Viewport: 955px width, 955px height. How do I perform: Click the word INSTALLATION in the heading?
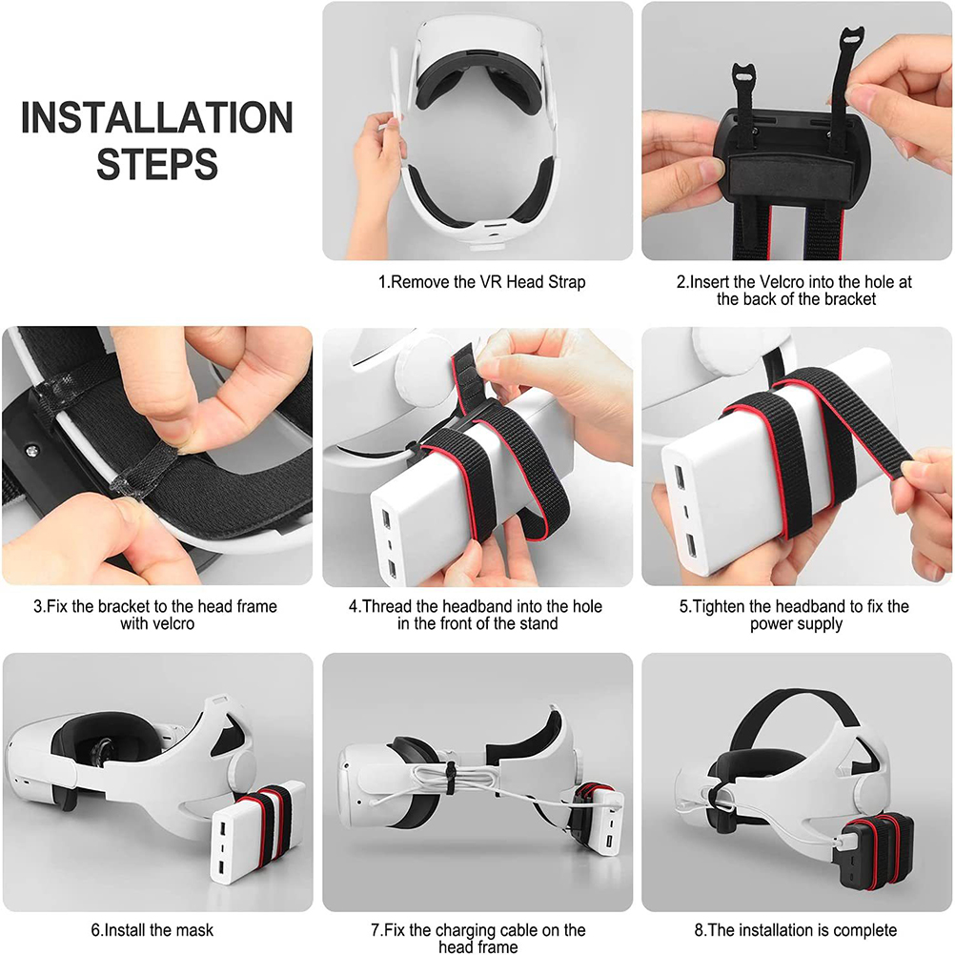tap(157, 117)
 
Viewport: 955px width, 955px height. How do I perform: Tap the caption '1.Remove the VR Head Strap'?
tap(481, 282)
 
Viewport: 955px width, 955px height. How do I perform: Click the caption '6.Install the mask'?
tap(152, 930)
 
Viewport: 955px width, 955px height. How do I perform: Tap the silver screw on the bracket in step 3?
tap(30, 450)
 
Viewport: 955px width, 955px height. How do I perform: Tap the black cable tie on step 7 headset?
tap(450, 779)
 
